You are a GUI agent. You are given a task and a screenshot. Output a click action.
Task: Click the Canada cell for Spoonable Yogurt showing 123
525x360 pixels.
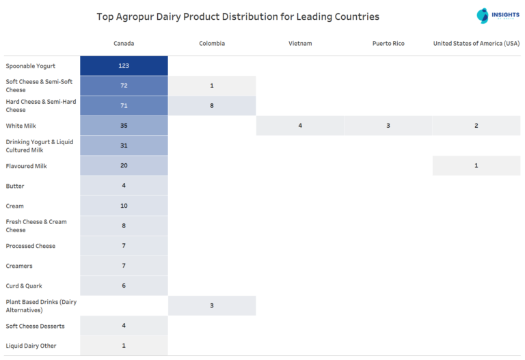(124, 66)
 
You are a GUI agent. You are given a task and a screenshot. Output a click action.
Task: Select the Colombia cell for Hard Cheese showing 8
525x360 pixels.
(212, 106)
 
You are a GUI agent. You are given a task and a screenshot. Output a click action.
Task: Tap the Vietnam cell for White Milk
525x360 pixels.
(300, 126)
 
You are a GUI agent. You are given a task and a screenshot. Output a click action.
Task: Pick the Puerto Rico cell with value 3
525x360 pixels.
(388, 126)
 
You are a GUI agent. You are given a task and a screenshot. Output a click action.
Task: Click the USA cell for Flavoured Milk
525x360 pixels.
(476, 166)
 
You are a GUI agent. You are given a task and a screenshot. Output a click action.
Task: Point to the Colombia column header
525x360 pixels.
(212, 44)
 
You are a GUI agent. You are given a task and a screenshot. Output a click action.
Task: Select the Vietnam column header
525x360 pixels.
(300, 44)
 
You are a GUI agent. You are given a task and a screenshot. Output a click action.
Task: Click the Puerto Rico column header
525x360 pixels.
(388, 44)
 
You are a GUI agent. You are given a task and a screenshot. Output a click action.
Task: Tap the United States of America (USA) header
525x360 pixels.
(476, 44)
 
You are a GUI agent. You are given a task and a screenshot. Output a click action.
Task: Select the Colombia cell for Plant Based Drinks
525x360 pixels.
(212, 305)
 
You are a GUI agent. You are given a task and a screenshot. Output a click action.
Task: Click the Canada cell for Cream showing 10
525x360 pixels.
(124, 206)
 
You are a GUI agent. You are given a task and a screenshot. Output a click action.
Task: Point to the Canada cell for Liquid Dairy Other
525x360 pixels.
(124, 346)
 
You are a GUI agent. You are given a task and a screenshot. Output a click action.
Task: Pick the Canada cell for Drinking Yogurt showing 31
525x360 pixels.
(124, 146)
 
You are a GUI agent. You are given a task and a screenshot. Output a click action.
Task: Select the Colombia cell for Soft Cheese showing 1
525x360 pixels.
(212, 86)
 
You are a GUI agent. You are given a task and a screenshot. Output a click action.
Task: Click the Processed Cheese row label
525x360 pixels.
(31, 246)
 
